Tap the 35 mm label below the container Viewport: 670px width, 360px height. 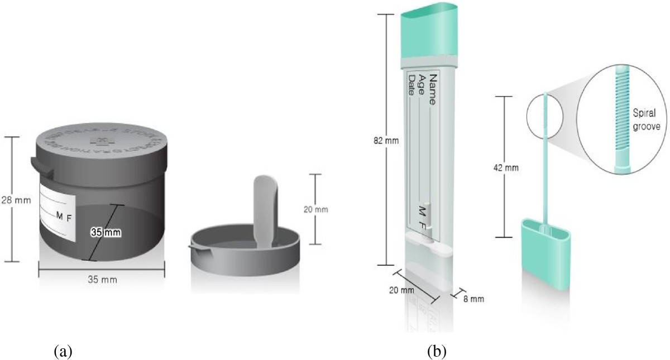(102, 280)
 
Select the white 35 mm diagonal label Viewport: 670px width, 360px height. (106, 231)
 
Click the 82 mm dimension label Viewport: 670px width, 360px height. (386, 140)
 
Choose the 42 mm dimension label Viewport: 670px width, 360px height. (504, 167)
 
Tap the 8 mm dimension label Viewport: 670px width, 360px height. (473, 299)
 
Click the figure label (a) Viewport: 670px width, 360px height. (63, 351)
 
